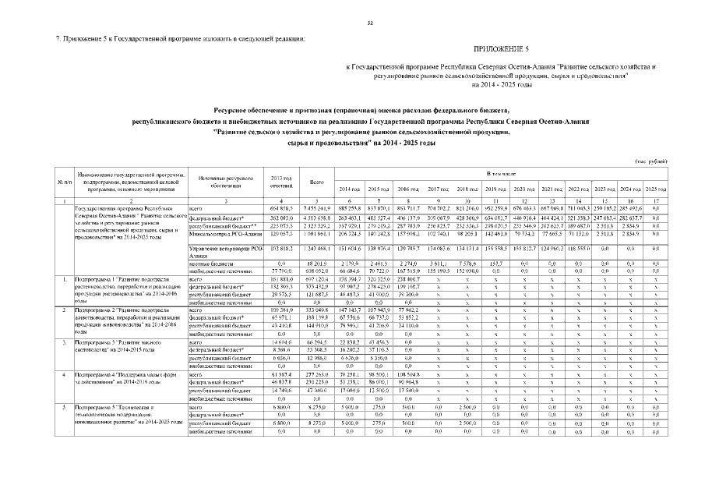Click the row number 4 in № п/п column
click(x=61, y=376)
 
